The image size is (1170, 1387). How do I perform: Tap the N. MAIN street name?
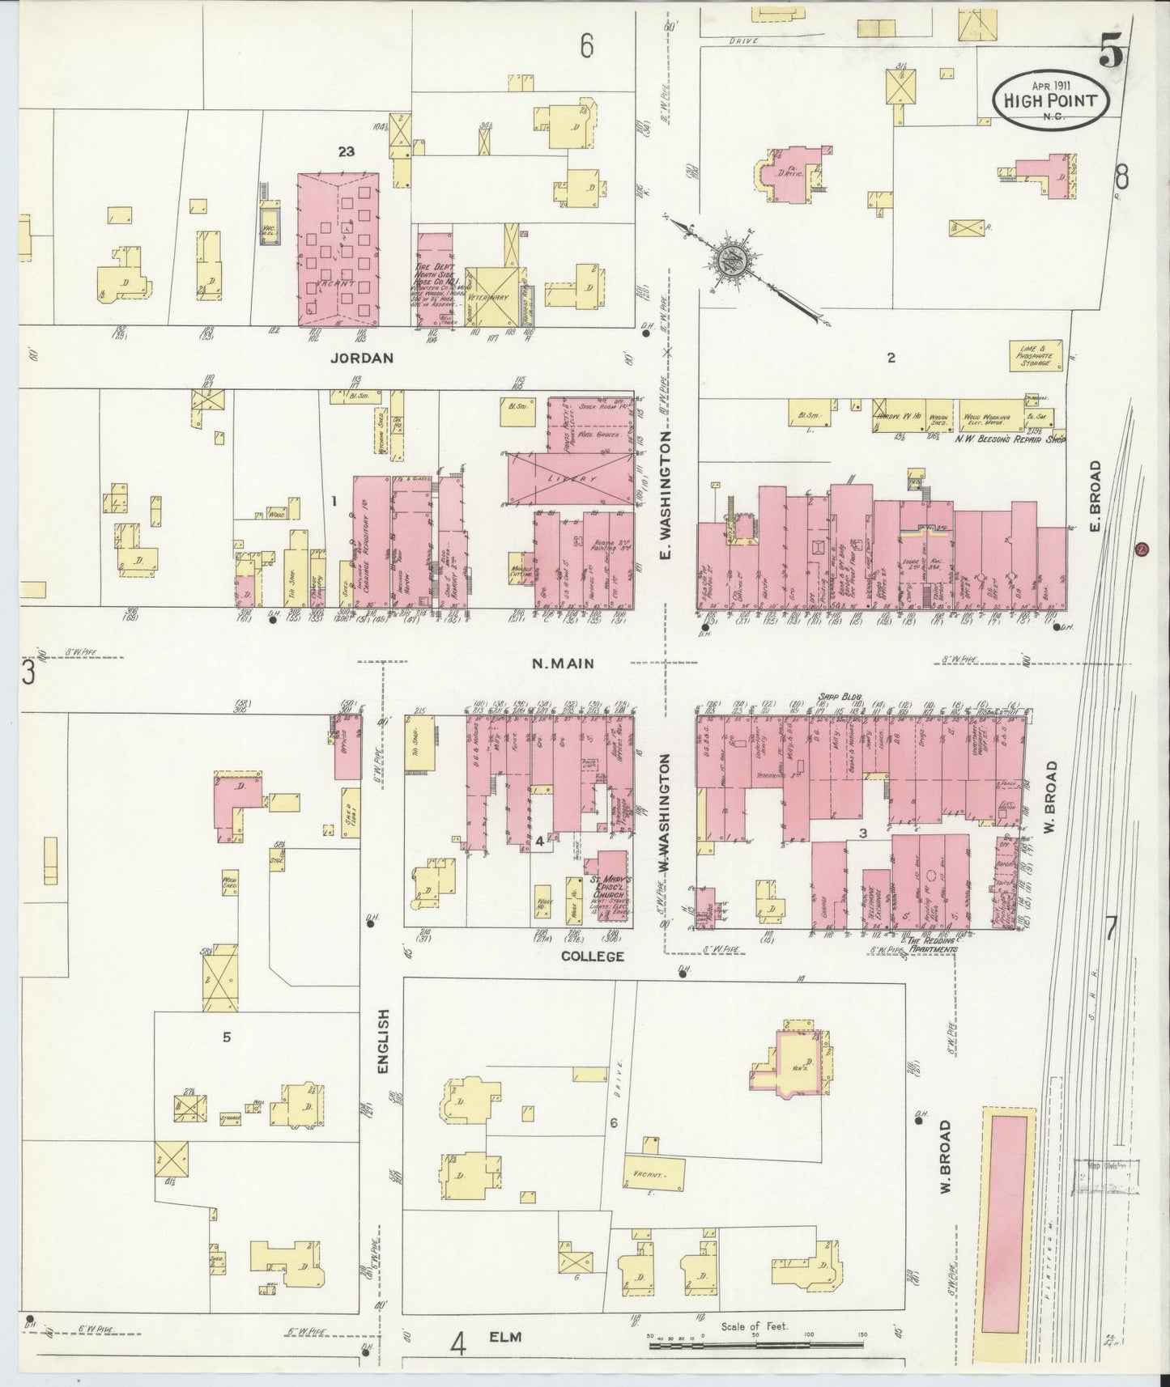(x=563, y=664)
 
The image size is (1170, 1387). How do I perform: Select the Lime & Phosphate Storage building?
(x=1035, y=354)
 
